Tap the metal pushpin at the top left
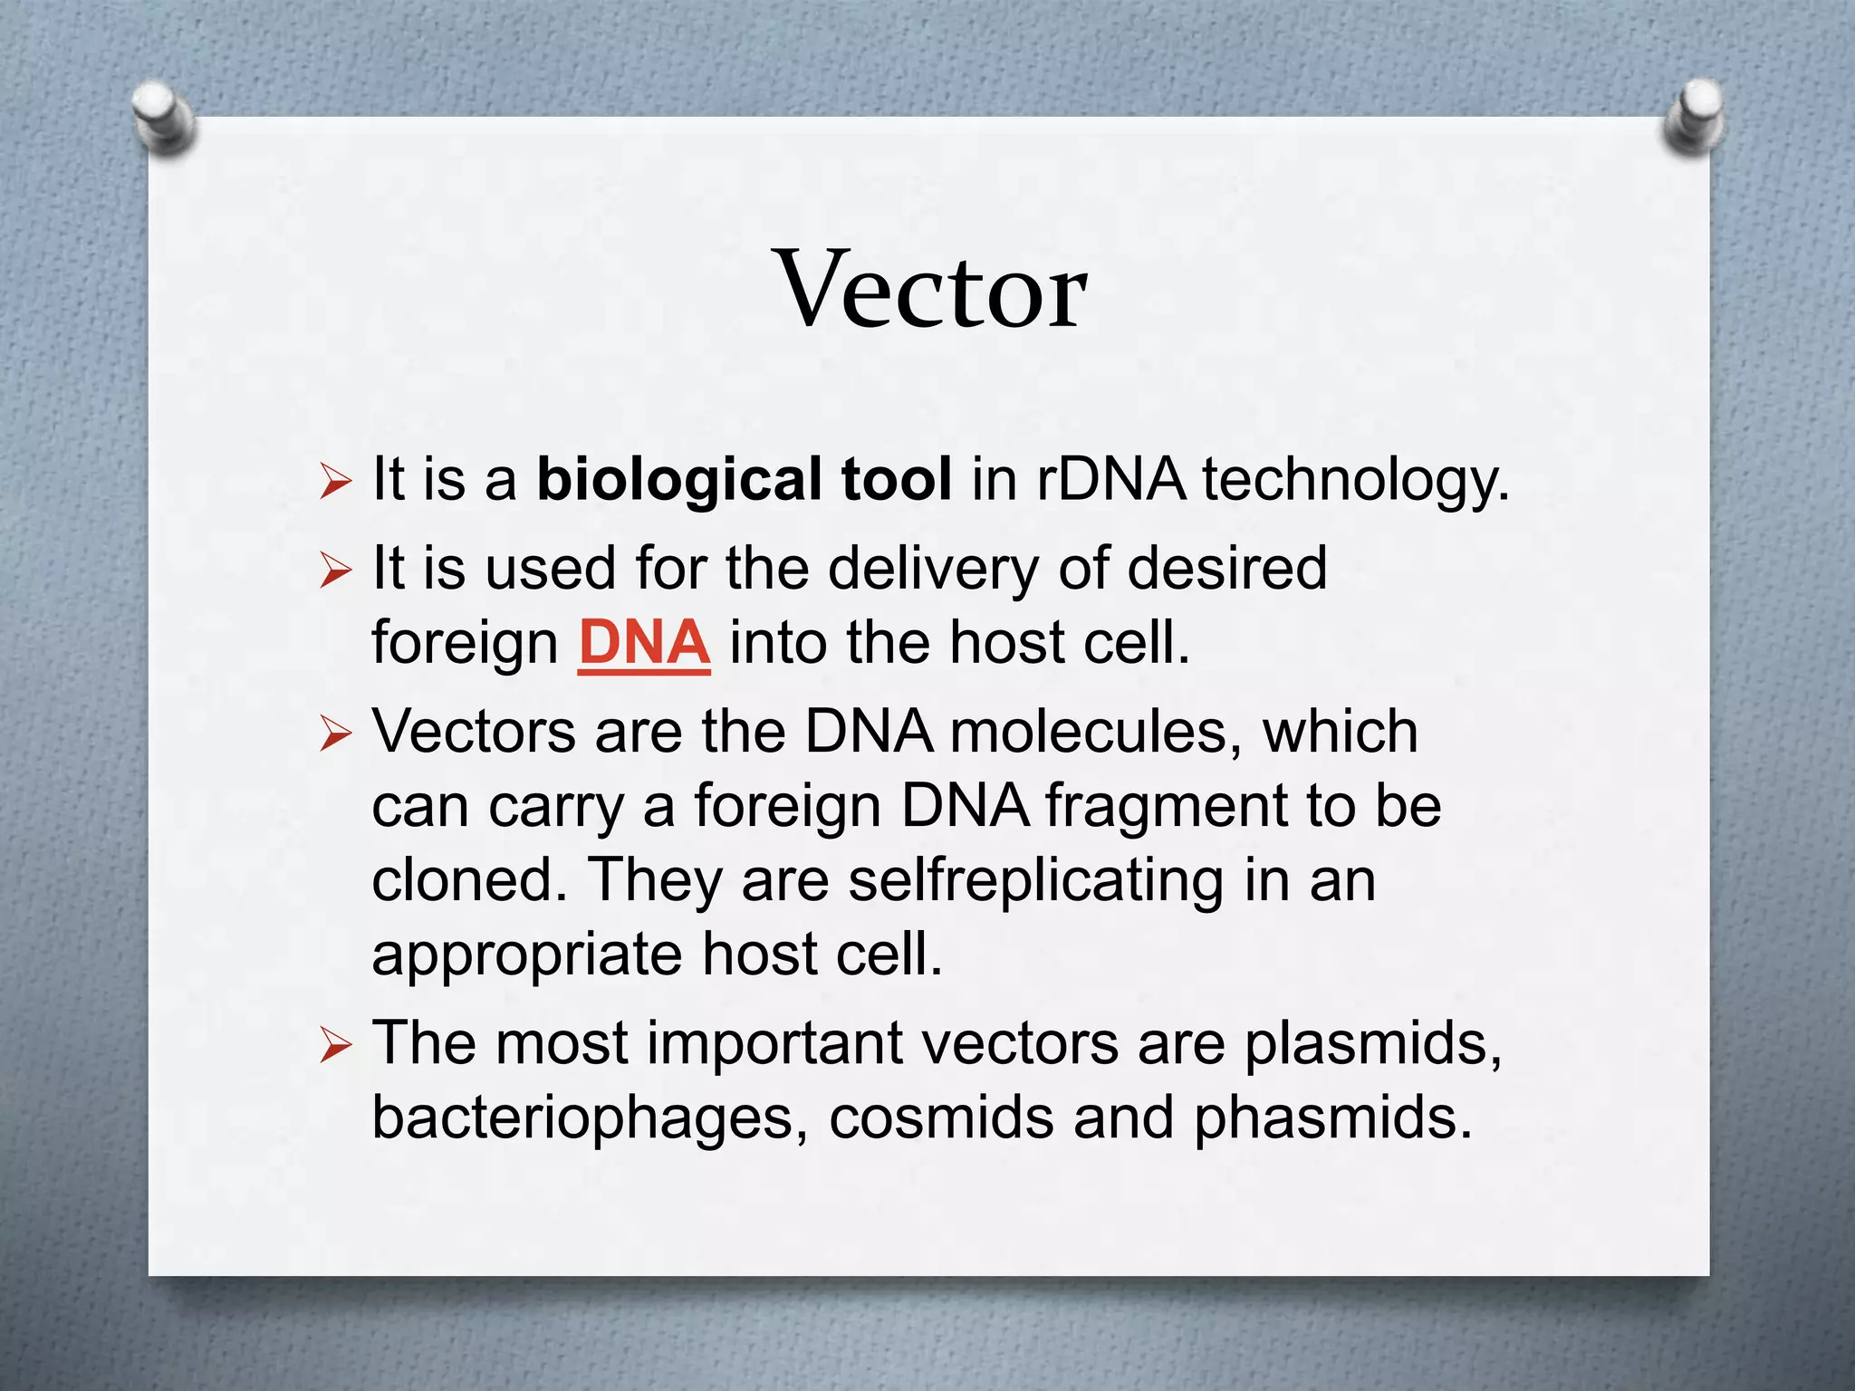tap(162, 116)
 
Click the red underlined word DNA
tap(644, 643)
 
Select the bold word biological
tap(678, 479)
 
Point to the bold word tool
tap(896, 479)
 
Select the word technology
tap(1356, 481)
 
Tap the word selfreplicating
tap(1035, 881)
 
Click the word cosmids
tap(941, 1118)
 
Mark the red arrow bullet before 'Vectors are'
tap(334, 736)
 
